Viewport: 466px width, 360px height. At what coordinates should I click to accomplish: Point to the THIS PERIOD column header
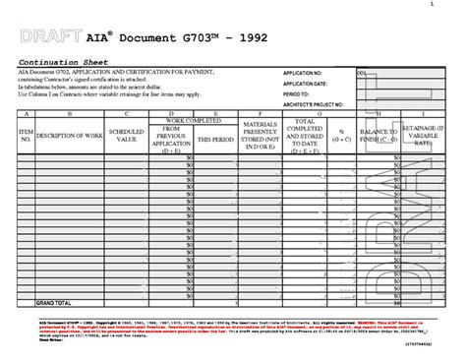click(215, 139)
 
